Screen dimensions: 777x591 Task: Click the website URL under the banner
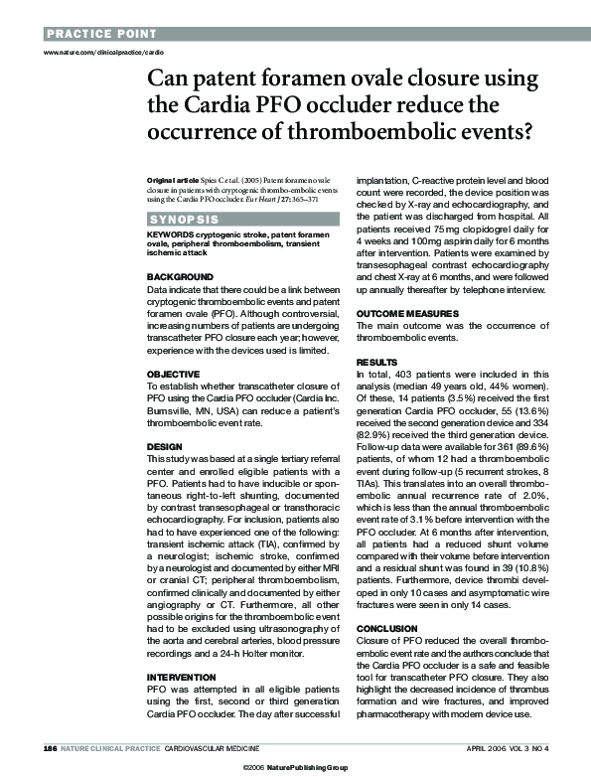pyautogui.click(x=96, y=49)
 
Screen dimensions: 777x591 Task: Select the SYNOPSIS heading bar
pyautogui.click(x=184, y=218)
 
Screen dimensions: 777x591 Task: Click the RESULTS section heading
pyautogui.click(x=376, y=362)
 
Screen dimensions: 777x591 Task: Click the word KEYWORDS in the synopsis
pyautogui.click(x=168, y=234)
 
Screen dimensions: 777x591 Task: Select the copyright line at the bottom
pyautogui.click(x=295, y=767)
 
